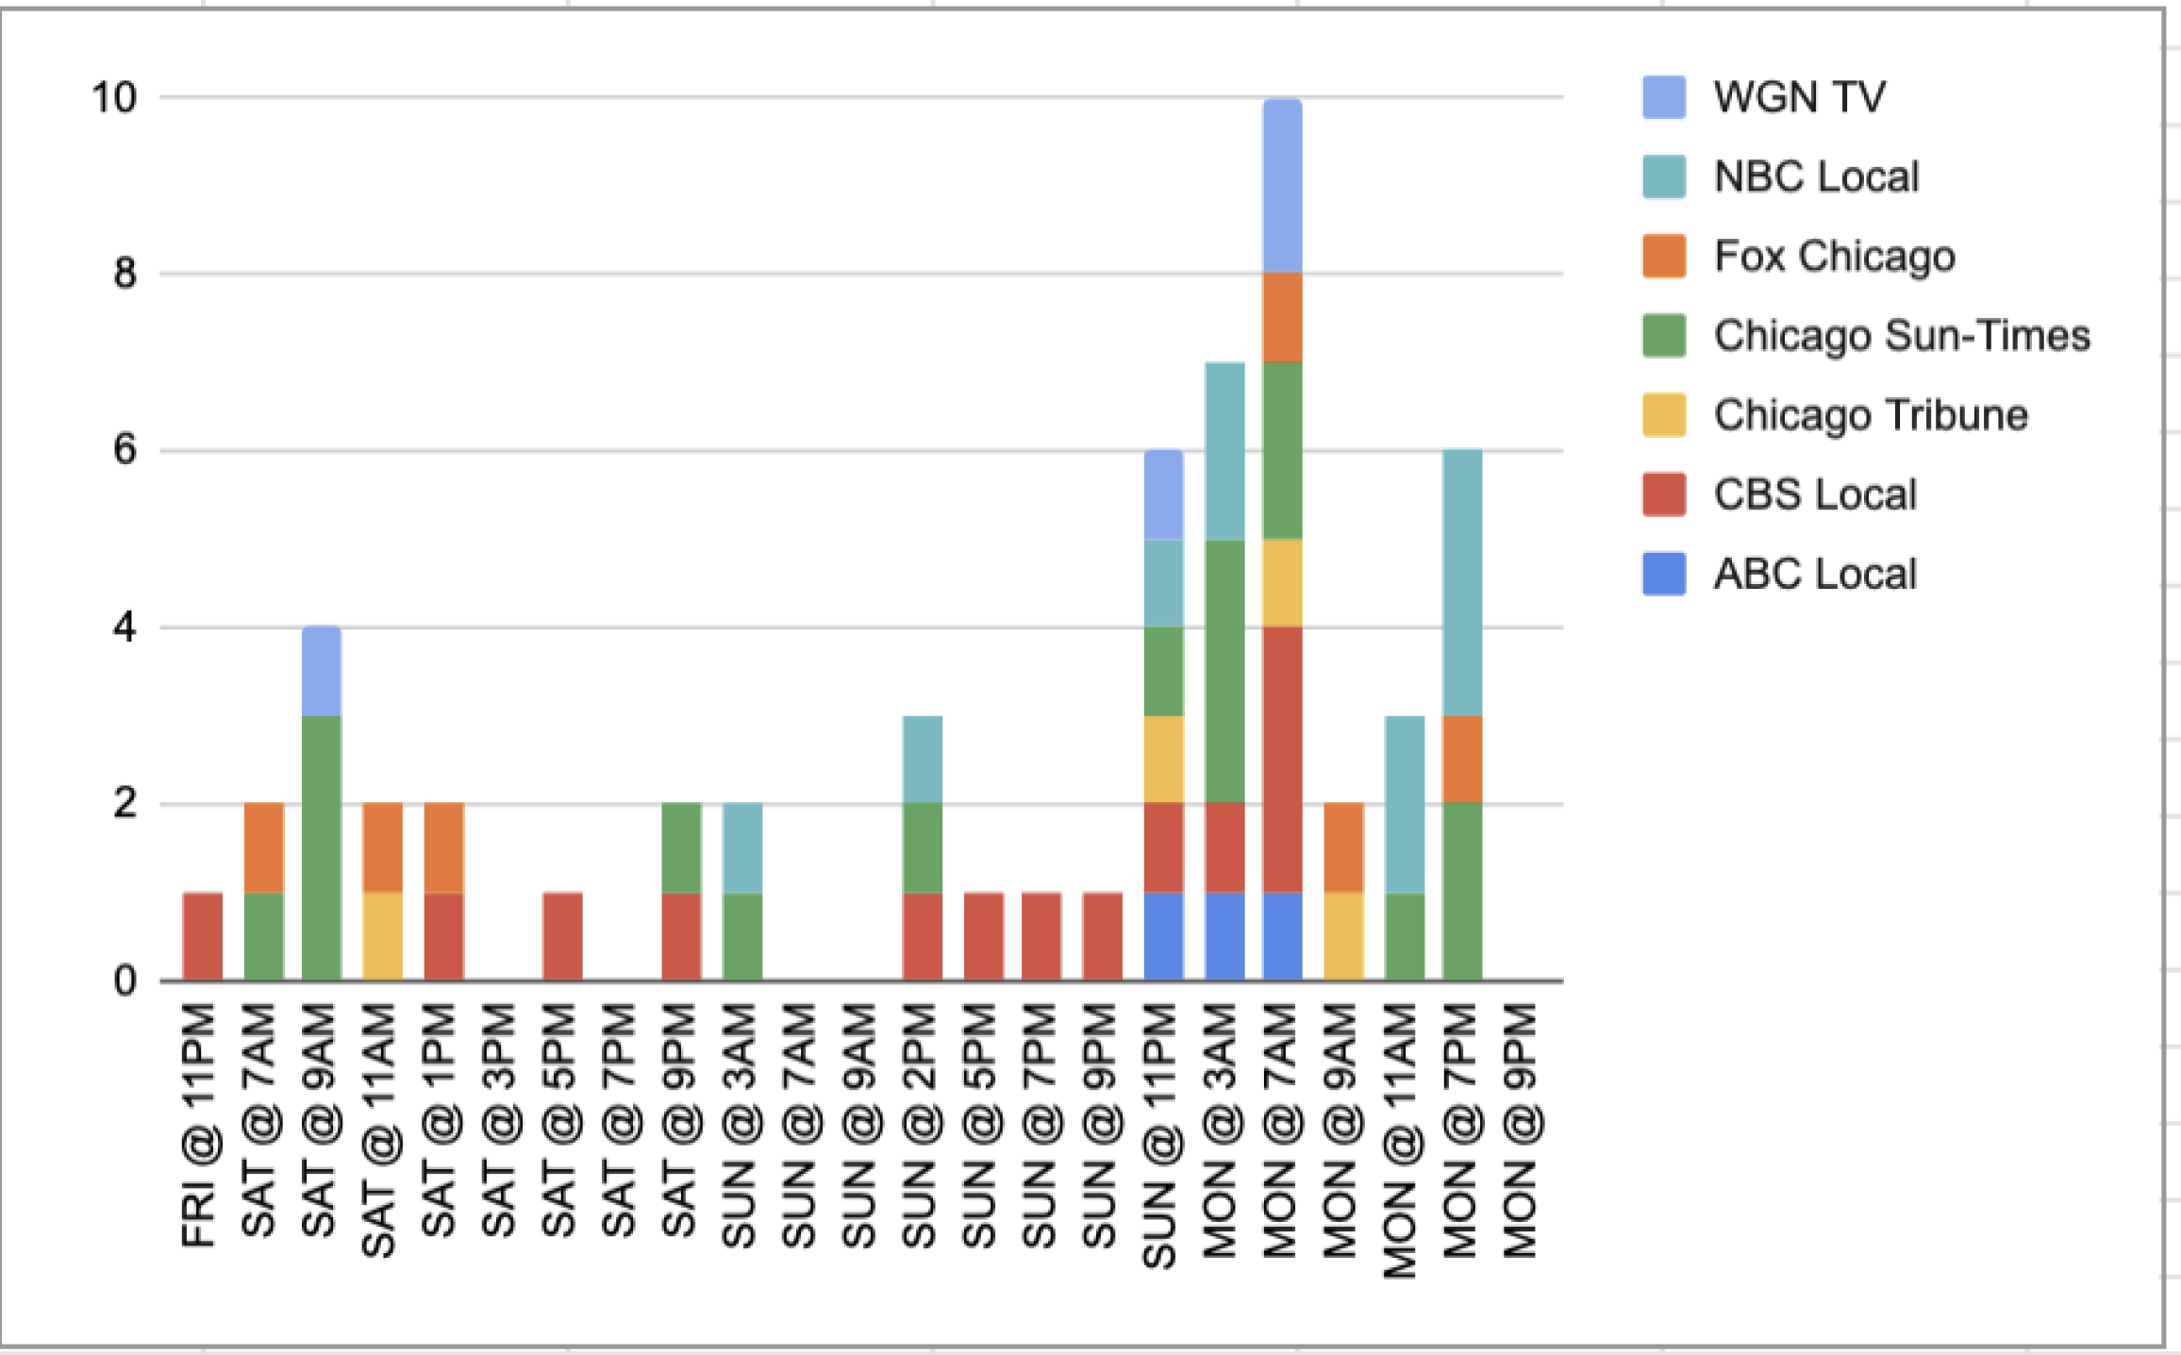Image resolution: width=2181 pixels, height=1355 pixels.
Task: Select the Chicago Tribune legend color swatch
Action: click(x=1663, y=415)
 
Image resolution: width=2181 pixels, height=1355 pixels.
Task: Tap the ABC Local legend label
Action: click(x=1814, y=574)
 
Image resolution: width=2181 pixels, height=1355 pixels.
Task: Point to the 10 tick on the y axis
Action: click(x=114, y=97)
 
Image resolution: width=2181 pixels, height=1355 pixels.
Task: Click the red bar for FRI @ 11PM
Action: click(x=203, y=936)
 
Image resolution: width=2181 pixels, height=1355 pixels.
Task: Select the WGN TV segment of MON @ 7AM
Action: click(x=1282, y=186)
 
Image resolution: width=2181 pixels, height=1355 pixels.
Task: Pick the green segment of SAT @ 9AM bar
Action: click(x=321, y=847)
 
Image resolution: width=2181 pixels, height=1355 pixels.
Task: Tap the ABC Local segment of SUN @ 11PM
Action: click(x=1163, y=936)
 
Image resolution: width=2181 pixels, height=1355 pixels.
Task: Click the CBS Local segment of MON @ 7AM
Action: click(x=1282, y=760)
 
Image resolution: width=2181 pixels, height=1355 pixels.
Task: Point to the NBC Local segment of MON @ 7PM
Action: click(x=1461, y=582)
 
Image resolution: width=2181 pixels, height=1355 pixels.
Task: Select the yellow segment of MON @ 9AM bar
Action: click(x=1342, y=936)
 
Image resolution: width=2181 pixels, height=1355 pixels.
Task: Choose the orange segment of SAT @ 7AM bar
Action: click(x=263, y=847)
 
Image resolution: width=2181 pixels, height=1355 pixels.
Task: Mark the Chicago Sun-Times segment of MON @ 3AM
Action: click(x=1224, y=671)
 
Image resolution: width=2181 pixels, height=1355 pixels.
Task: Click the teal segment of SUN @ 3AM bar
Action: click(x=741, y=847)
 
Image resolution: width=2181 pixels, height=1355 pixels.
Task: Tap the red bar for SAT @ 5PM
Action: click(x=562, y=936)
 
